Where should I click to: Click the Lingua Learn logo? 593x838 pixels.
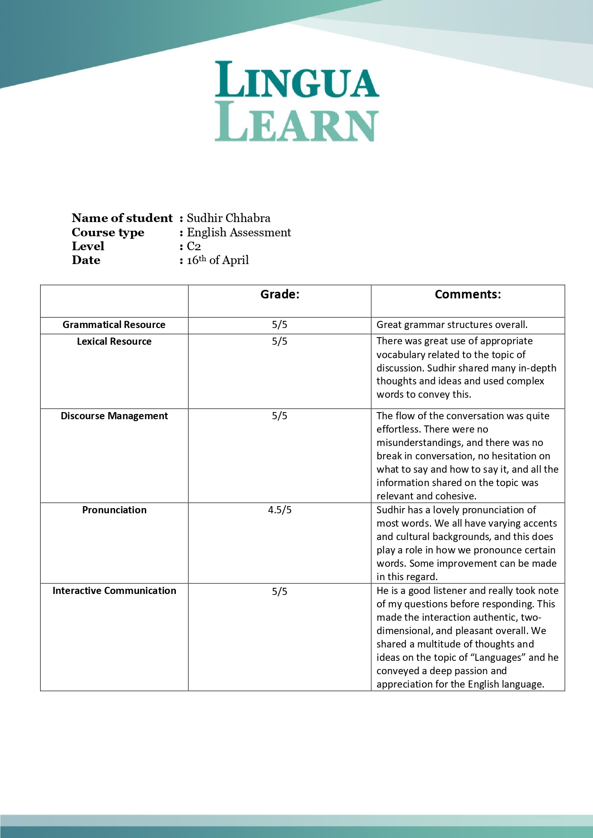[297, 101]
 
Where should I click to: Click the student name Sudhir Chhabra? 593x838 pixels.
[228, 218]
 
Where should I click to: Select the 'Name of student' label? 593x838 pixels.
[122, 218]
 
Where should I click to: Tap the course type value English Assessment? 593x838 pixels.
[239, 233]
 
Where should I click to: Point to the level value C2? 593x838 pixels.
[194, 246]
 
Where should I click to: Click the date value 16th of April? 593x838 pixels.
[218, 260]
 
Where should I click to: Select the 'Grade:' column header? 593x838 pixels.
[280, 295]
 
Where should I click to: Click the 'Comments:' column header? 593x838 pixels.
[468, 295]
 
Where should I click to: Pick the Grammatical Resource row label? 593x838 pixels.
[114, 325]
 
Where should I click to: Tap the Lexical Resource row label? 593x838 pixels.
[114, 341]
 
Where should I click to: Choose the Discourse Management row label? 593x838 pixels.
[114, 416]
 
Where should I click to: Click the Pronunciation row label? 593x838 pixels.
[114, 510]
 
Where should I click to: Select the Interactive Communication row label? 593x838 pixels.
[114, 591]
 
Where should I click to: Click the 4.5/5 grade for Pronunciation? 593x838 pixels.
[280, 510]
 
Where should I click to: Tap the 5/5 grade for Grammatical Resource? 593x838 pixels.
[280, 325]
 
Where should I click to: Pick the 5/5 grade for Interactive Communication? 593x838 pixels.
[280, 592]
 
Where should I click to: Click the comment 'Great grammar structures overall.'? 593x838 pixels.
[452, 325]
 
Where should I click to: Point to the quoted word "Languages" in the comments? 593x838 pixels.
[497, 658]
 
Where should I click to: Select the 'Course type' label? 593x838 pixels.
[108, 233]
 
